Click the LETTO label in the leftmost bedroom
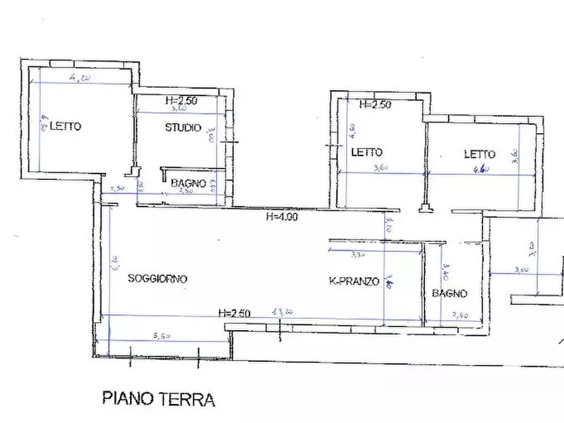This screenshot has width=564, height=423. pyautogui.click(x=65, y=126)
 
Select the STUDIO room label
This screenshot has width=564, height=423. pyautogui.click(x=183, y=128)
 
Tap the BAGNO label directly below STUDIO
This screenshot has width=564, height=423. pyautogui.click(x=188, y=183)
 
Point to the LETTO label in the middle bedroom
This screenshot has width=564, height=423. pyautogui.click(x=366, y=152)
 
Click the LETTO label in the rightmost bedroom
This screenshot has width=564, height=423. pyautogui.click(x=479, y=154)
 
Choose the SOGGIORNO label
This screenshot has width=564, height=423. pyautogui.click(x=158, y=278)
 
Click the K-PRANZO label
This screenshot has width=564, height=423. pyautogui.click(x=354, y=281)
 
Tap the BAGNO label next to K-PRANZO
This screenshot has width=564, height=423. pyautogui.click(x=450, y=294)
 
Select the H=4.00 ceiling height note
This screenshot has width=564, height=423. pyautogui.click(x=282, y=217)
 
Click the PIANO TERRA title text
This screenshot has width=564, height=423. pyautogui.click(x=159, y=399)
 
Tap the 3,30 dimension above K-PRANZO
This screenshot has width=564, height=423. pyautogui.click(x=358, y=256)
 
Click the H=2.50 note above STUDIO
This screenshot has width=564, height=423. pyautogui.click(x=181, y=100)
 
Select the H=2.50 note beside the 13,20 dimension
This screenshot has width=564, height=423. pyautogui.click(x=234, y=313)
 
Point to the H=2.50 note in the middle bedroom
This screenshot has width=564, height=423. pyautogui.click(x=375, y=105)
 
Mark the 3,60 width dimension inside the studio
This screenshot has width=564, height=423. pyautogui.click(x=177, y=109)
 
